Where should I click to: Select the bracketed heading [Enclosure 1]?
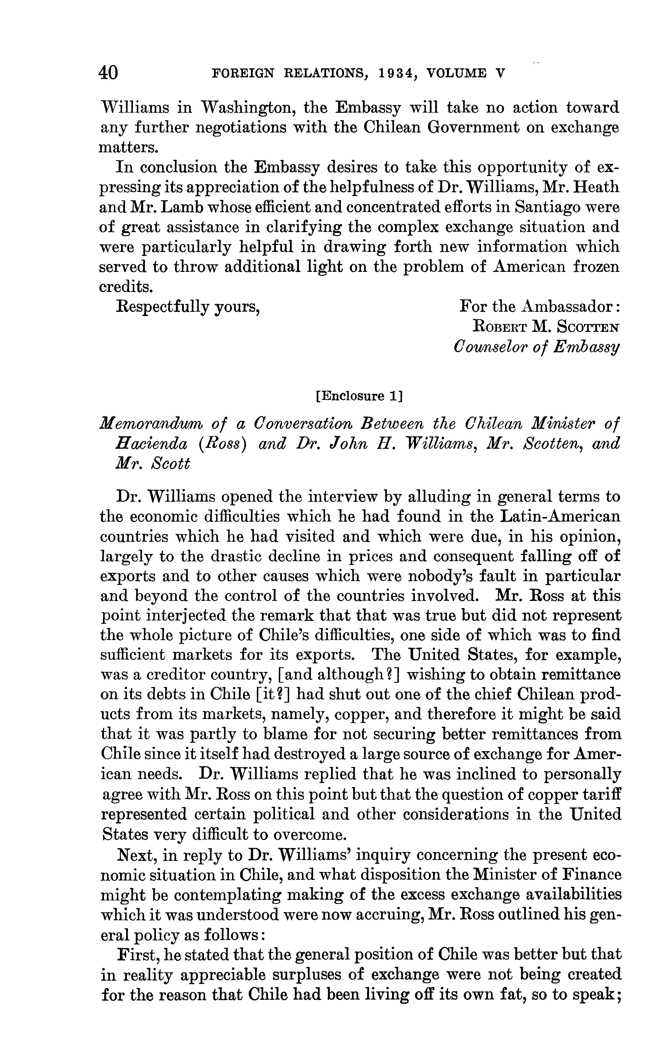coord(360,396)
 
